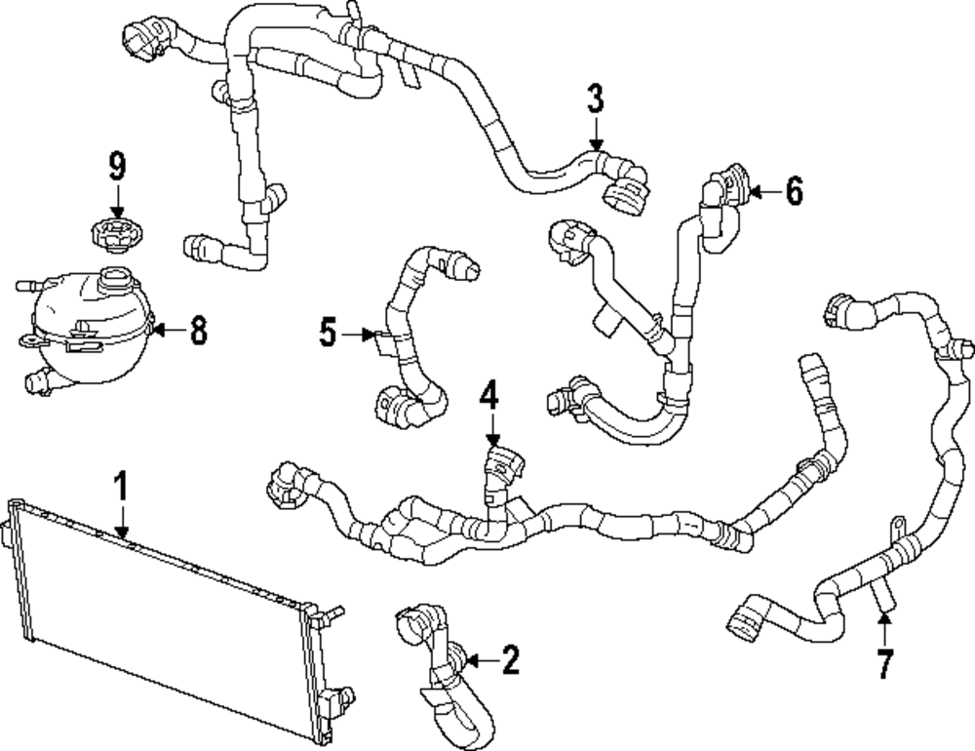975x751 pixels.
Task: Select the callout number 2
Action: point(510,661)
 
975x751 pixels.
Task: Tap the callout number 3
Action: point(595,99)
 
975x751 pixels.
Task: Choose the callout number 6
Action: point(794,192)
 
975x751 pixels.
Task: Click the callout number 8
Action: point(198,330)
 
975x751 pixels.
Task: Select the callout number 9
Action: point(117,167)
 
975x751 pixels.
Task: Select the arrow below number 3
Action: point(595,135)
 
